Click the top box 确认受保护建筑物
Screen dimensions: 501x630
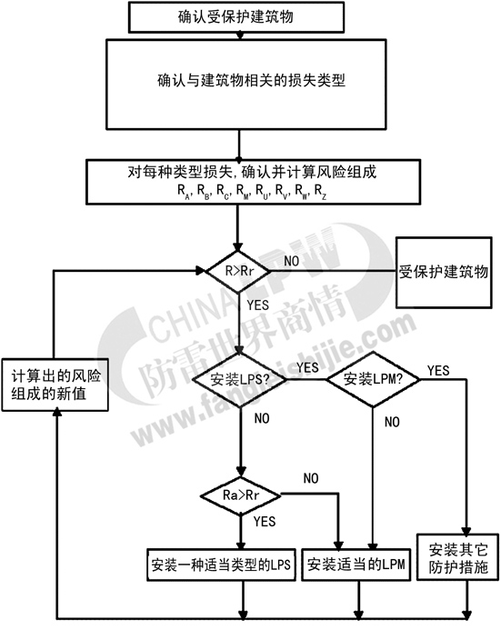click(236, 17)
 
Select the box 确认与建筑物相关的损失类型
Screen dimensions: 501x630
click(246, 85)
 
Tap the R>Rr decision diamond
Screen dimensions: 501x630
click(238, 271)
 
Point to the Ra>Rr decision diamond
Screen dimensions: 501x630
click(241, 495)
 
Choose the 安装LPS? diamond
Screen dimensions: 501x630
click(240, 379)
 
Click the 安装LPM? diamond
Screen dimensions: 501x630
click(373, 379)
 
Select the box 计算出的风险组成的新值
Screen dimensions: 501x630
click(55, 385)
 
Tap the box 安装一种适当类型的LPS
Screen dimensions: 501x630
click(221, 565)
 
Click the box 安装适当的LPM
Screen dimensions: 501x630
click(356, 565)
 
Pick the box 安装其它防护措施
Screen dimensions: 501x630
click(458, 557)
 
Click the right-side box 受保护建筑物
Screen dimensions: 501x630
click(444, 273)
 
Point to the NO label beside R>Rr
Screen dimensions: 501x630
click(291, 261)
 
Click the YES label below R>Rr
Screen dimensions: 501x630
click(258, 305)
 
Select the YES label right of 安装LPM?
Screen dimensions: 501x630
click(438, 370)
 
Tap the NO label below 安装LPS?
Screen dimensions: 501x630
click(262, 418)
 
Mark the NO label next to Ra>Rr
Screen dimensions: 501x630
click(311, 478)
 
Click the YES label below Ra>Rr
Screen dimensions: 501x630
click(265, 521)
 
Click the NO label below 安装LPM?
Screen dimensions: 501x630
click(392, 422)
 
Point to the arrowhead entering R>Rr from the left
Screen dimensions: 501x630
click(200, 270)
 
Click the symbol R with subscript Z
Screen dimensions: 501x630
click(320, 191)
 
